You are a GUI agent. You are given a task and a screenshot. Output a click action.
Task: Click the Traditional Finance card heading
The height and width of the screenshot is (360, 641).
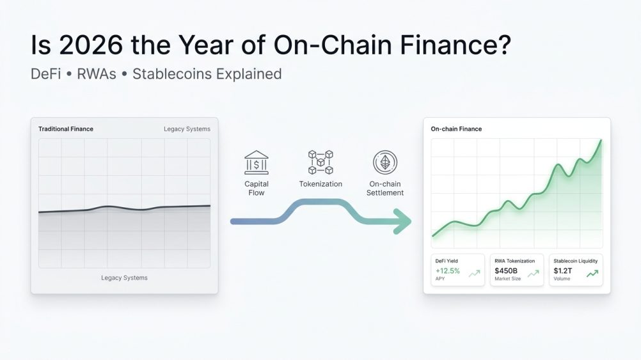click(x=66, y=129)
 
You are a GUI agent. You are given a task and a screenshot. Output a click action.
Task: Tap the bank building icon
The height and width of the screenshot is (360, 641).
click(x=257, y=162)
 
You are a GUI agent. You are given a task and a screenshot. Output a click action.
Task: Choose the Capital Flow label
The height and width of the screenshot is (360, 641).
click(x=257, y=188)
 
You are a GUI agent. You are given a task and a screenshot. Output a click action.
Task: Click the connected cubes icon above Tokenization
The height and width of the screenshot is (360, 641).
click(x=320, y=162)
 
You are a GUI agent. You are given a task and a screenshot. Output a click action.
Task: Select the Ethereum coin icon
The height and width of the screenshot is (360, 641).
click(x=385, y=162)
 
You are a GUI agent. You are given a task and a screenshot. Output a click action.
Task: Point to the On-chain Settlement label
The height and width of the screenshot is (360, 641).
click(x=385, y=188)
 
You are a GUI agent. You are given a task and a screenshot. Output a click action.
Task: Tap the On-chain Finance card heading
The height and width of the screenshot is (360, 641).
click(x=456, y=129)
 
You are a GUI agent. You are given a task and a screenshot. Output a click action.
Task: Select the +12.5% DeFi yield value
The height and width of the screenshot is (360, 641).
click(x=447, y=270)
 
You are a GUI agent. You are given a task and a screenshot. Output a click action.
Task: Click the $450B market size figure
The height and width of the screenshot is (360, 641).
click(x=506, y=270)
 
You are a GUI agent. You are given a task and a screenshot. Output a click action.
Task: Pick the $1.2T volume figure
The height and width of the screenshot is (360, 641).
click(x=563, y=270)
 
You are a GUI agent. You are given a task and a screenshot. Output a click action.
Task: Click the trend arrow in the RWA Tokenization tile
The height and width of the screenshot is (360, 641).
click(x=534, y=273)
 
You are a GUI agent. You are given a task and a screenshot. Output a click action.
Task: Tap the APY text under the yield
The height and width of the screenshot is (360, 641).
click(x=441, y=279)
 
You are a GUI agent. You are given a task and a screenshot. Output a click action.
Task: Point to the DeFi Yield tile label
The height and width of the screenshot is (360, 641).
click(x=447, y=261)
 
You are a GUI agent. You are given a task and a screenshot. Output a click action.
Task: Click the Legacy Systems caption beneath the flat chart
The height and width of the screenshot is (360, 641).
click(x=124, y=278)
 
